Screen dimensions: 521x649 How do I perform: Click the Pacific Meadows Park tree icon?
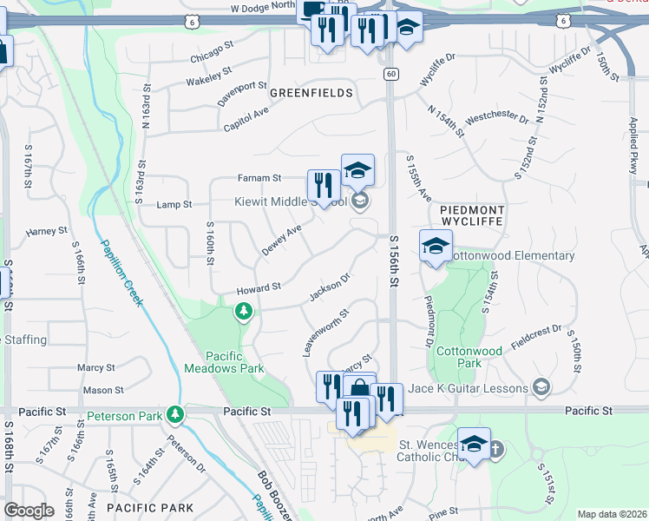pyautogui.click(x=244, y=311)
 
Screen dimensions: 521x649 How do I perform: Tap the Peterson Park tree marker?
pyautogui.click(x=176, y=414)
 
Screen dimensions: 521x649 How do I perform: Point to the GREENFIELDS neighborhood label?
pyautogui.click(x=311, y=92)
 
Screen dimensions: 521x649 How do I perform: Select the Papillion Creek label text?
pyautogui.click(x=121, y=273)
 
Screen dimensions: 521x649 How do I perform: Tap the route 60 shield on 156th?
pyautogui.click(x=391, y=75)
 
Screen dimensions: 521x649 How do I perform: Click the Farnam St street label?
pyautogui.click(x=259, y=177)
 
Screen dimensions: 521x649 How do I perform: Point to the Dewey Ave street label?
pyautogui.click(x=281, y=241)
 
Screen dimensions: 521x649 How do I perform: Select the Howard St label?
pyautogui.click(x=259, y=287)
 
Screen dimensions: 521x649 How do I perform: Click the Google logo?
pyautogui.click(x=29, y=510)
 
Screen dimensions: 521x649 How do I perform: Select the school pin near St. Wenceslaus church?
pyautogui.click(x=474, y=445)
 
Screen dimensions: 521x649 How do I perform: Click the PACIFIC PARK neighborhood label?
pyautogui.click(x=143, y=505)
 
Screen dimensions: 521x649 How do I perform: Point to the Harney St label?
pyautogui.click(x=46, y=232)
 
